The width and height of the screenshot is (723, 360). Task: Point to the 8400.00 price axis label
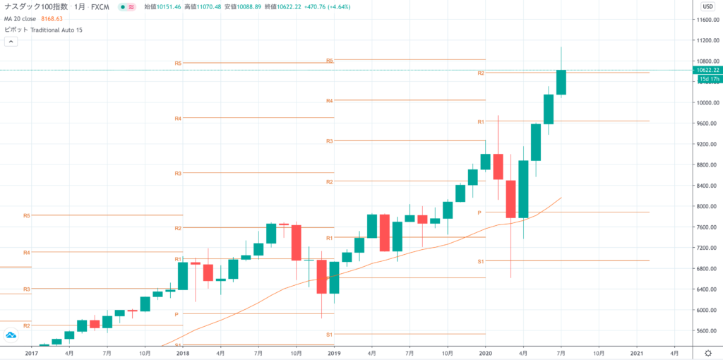(x=705, y=186)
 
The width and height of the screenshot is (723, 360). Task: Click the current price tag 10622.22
(x=707, y=70)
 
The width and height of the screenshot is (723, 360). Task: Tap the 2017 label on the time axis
(x=31, y=352)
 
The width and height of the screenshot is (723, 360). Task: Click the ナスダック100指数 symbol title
(x=36, y=7)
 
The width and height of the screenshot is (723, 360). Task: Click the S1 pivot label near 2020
(x=480, y=261)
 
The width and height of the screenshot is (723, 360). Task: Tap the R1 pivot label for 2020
(x=480, y=121)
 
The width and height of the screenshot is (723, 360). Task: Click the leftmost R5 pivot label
(x=26, y=215)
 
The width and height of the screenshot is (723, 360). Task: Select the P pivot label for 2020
(x=479, y=212)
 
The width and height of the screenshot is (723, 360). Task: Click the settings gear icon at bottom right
(x=707, y=352)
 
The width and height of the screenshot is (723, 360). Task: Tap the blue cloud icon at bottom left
(x=11, y=335)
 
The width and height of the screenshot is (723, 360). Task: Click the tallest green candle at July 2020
(x=561, y=82)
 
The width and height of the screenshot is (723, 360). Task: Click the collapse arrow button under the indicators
(x=11, y=42)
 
